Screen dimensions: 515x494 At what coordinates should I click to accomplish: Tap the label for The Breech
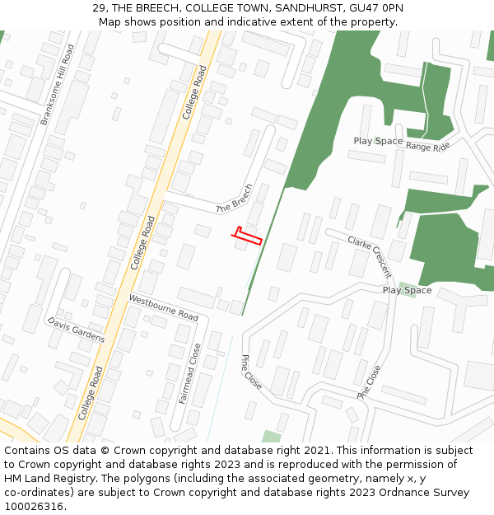click(235, 199)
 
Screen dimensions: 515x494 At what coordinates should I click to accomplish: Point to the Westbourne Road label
click(164, 308)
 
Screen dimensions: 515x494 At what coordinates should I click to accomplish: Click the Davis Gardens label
click(76, 330)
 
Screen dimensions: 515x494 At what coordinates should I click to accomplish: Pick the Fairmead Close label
click(189, 373)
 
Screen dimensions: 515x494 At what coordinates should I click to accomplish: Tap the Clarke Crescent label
click(370, 257)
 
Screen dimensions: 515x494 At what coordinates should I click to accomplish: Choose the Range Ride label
click(428, 147)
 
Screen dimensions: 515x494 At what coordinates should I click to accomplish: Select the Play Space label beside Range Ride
click(378, 142)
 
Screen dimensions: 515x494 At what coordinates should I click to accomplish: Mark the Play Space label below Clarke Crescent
click(407, 290)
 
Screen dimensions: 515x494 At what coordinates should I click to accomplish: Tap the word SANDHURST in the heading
click(307, 8)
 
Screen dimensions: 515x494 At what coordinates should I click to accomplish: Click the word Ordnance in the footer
click(417, 493)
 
